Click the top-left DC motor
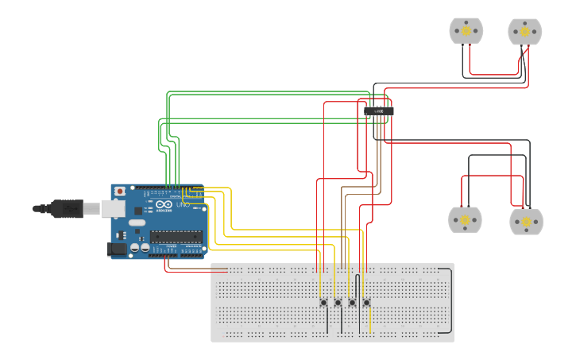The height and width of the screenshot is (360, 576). coord(466,30)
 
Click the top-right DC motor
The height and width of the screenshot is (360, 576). coord(524,31)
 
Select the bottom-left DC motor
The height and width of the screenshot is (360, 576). coord(465,219)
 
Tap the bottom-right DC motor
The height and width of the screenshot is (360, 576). coord(526,222)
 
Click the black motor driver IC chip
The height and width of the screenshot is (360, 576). coord(379,111)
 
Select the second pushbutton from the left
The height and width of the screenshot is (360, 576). coord(338,302)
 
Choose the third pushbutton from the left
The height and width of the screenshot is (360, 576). coord(352,302)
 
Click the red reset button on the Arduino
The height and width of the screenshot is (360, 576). coord(120,192)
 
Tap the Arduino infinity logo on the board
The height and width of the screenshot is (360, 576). coord(164,203)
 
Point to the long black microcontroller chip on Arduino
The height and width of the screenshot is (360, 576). coord(176,235)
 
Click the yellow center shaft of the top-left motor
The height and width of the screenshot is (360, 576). coord(466,30)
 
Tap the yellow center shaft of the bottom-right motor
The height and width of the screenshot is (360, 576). coord(526,222)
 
